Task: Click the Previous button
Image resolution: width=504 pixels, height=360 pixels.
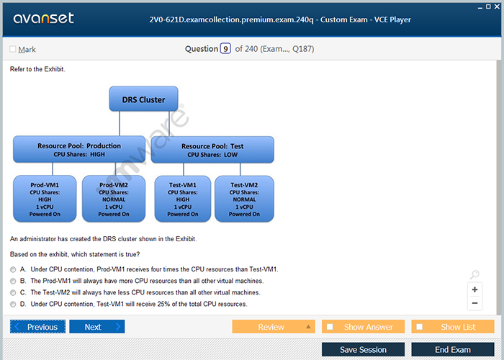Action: (x=37, y=327)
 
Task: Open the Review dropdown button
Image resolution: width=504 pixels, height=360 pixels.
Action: (x=274, y=327)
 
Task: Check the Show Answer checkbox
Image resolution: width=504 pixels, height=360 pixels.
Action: (x=330, y=327)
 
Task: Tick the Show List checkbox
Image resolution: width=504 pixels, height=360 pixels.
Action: (x=420, y=327)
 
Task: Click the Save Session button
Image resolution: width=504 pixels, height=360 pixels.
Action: (x=363, y=349)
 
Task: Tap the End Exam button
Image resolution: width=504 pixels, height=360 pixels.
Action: (x=453, y=349)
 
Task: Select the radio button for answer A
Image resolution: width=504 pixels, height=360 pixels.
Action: (x=13, y=270)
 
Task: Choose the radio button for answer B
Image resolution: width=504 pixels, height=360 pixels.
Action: (x=13, y=282)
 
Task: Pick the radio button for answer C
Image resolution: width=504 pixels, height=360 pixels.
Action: (x=13, y=293)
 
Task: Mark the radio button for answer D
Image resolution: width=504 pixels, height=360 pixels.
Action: (x=13, y=305)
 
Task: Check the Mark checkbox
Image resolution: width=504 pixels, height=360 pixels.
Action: (x=13, y=49)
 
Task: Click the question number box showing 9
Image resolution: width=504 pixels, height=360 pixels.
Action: (x=225, y=48)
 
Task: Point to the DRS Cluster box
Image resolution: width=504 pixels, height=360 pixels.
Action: (x=144, y=99)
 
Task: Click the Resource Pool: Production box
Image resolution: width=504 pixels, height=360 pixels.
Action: (x=79, y=150)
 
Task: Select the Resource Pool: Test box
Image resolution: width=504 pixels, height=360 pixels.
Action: (x=212, y=150)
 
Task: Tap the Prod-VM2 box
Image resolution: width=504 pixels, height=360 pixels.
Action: (x=114, y=199)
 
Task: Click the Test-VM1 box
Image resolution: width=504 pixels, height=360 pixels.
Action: (x=183, y=199)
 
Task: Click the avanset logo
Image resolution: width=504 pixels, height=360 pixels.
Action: (x=44, y=18)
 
